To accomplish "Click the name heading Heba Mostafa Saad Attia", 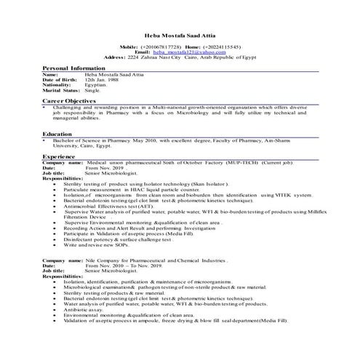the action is pos(180,34).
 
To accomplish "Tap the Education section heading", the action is pos(57,134).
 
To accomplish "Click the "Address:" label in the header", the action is pos(116,57).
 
